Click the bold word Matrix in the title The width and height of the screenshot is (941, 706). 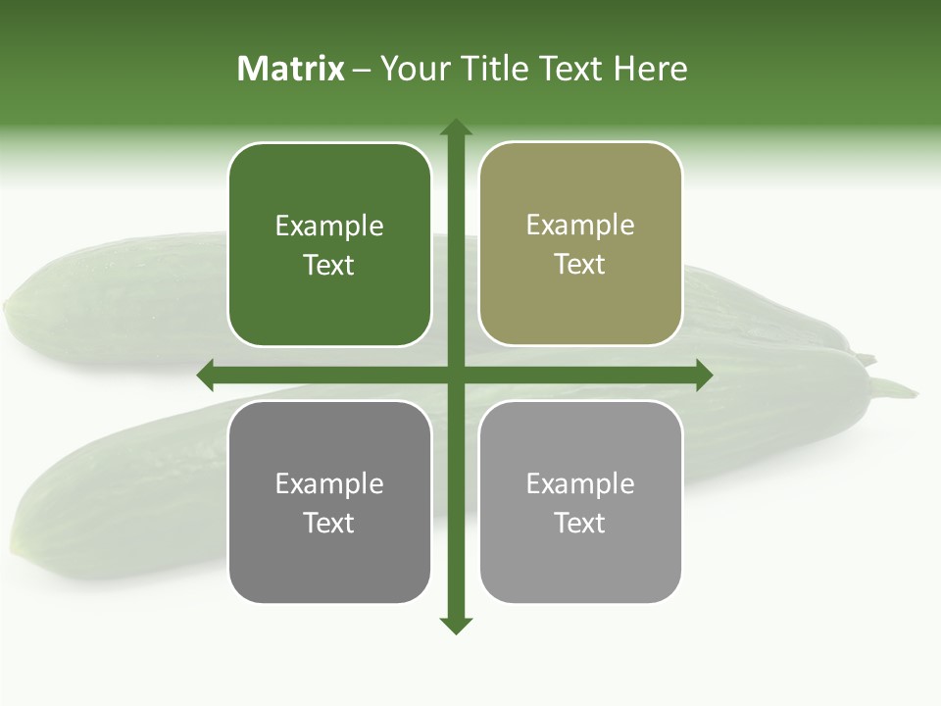[290, 69]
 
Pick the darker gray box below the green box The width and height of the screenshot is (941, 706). [329, 559]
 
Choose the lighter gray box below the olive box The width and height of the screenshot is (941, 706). [580, 559]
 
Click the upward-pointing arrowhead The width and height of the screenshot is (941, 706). [456, 127]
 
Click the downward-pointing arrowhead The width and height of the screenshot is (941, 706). [456, 625]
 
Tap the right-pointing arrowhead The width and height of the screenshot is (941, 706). [704, 375]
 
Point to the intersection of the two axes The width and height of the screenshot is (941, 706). [456, 375]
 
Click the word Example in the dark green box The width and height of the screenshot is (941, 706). [329, 227]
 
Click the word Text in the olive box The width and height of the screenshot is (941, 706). [579, 265]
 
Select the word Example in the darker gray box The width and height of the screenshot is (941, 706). [329, 484]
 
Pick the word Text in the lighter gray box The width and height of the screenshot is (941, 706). [579, 523]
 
